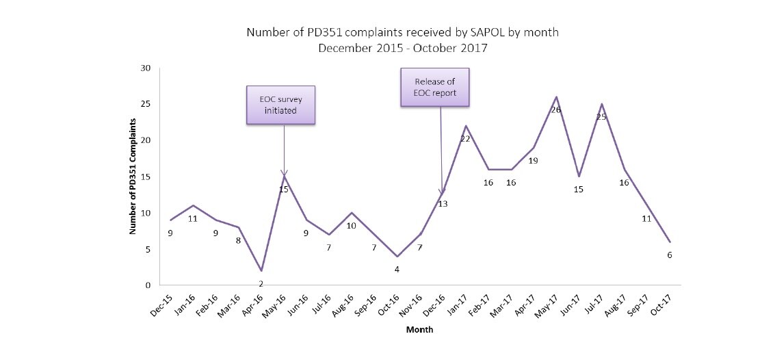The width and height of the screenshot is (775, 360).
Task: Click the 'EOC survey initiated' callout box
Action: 280,105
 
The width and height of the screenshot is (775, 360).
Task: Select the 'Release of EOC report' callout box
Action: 434,87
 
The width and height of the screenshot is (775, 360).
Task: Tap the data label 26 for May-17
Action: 555,110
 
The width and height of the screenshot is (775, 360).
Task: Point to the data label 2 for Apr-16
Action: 261,283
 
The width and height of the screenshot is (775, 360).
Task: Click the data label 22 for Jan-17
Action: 465,138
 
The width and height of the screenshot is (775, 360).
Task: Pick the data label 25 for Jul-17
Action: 601,117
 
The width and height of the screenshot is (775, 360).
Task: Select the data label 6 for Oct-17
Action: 670,255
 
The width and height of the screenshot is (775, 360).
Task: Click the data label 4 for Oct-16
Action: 397,269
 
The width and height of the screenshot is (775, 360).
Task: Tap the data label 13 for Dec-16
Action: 443,203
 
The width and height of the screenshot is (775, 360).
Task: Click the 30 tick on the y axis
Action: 146,68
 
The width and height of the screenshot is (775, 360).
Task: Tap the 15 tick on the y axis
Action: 146,177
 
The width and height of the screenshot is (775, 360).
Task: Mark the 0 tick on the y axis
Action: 148,285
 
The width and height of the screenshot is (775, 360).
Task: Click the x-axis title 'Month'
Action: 419,329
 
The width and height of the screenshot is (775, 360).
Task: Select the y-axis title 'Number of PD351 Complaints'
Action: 134,177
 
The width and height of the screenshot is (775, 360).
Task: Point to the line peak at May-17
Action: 556,97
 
